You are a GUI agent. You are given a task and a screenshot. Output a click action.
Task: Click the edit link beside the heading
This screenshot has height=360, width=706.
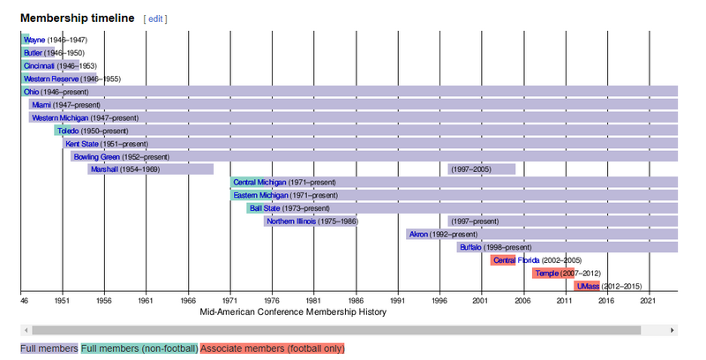(154, 19)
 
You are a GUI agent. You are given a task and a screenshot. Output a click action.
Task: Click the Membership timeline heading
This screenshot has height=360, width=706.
(78, 19)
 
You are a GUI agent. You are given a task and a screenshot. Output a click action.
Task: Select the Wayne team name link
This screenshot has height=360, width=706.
(34, 40)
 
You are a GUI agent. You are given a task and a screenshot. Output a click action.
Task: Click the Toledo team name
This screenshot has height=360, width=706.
(68, 131)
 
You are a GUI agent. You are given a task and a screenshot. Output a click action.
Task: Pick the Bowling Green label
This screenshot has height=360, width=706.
(96, 156)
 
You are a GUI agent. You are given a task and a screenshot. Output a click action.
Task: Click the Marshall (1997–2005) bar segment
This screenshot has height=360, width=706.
(481, 169)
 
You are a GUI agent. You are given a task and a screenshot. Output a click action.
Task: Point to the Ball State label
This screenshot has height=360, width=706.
(264, 208)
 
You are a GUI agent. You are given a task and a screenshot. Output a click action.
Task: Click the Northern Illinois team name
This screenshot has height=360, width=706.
(291, 221)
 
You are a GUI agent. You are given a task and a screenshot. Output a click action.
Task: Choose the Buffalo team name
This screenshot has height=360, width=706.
(470, 247)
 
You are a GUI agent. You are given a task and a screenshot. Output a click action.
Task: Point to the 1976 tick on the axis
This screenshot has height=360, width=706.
(273, 301)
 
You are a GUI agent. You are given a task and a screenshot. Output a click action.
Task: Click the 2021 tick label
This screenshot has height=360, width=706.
(649, 301)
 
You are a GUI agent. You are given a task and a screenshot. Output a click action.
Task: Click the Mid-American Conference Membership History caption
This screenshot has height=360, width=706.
(292, 311)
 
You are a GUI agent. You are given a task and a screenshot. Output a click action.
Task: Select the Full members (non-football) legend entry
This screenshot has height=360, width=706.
(139, 349)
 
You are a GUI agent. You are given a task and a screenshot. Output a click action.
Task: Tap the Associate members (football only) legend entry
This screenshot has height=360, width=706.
(272, 349)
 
